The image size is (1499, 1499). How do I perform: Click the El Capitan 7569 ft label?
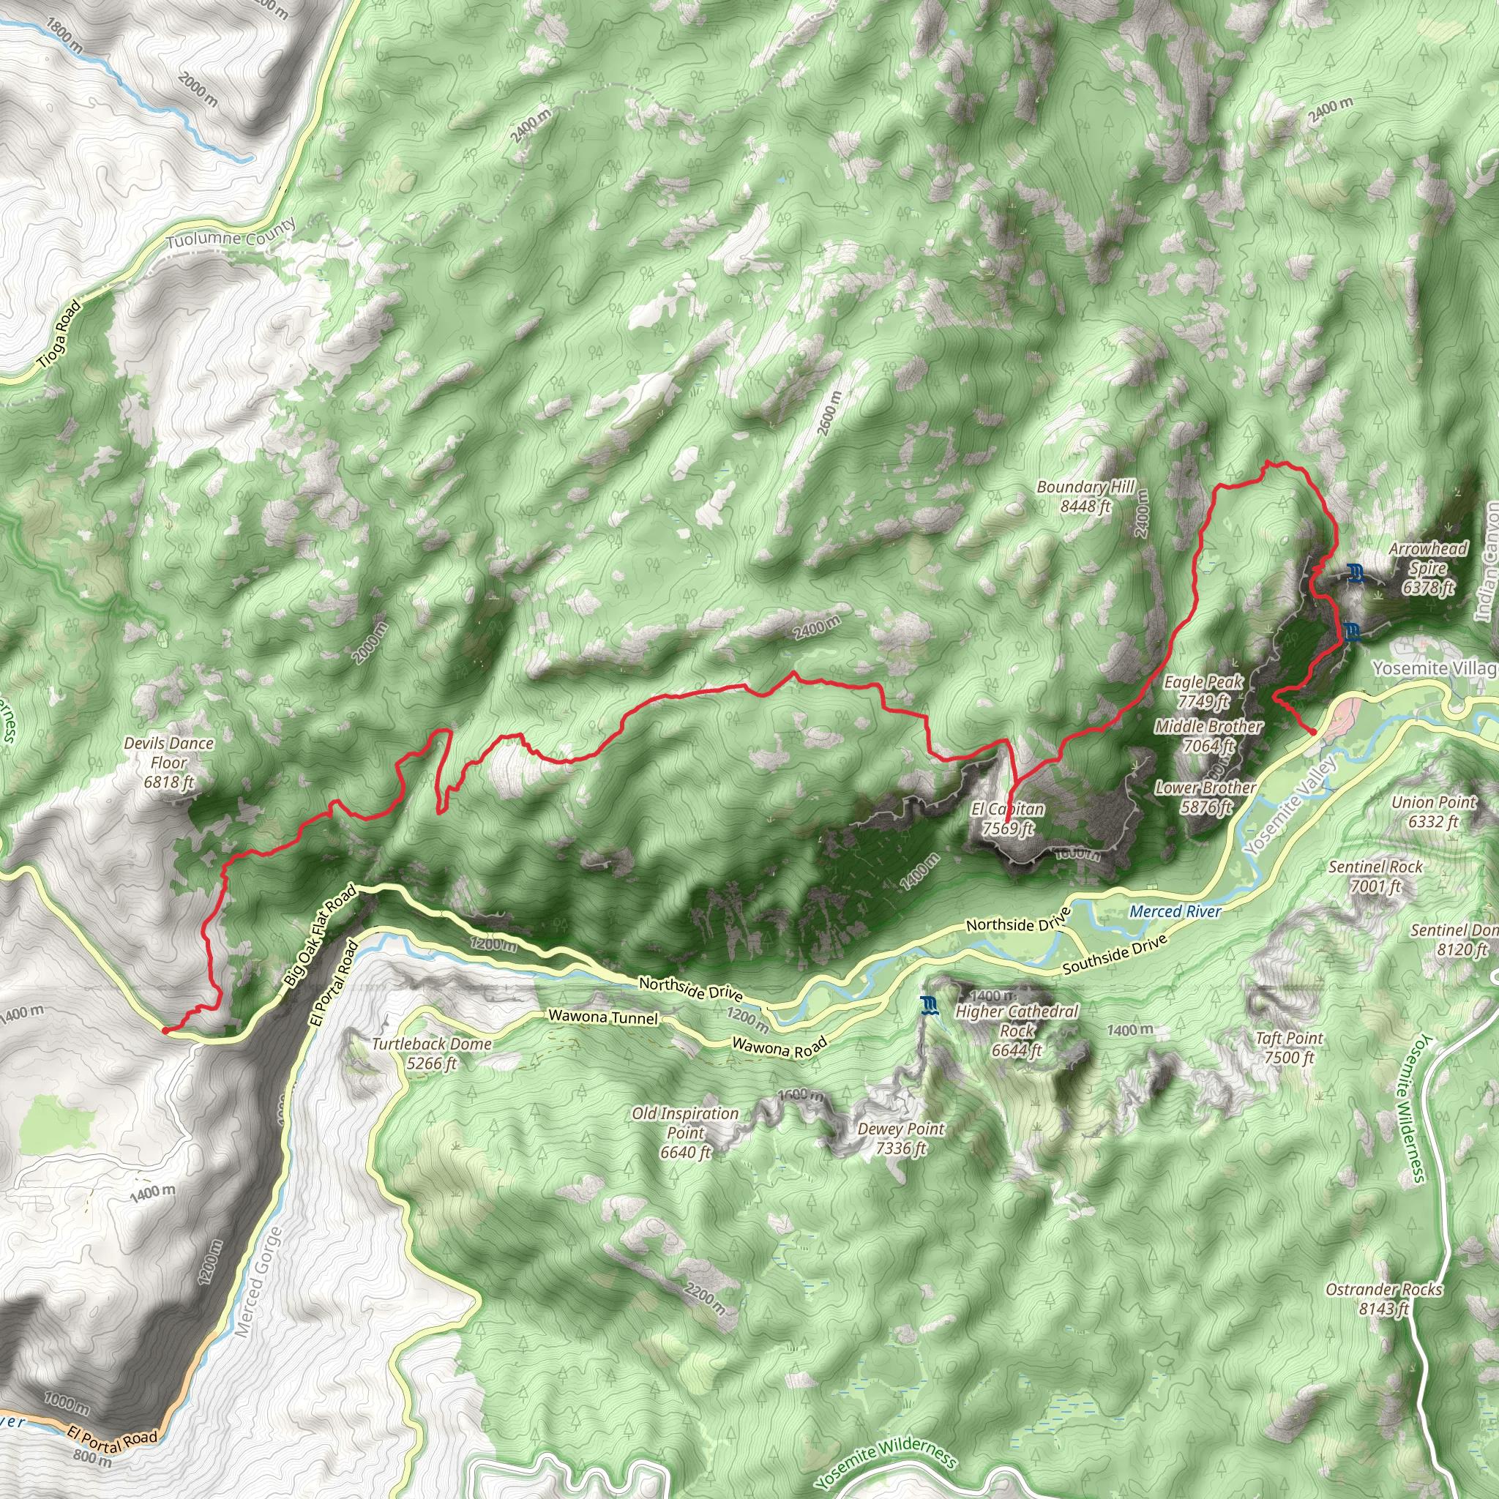[x=1008, y=818]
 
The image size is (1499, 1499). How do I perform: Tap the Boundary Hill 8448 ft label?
[x=1085, y=496]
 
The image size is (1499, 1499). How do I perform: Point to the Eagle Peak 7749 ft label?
[x=1203, y=691]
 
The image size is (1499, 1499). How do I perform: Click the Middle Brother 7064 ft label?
[x=1208, y=736]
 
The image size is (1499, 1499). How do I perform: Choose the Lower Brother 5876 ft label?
[x=1205, y=797]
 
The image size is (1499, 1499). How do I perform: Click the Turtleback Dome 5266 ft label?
[x=431, y=1053]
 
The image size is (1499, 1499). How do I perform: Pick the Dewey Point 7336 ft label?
[x=901, y=1138]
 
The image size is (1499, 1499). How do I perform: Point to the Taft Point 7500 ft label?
[x=1289, y=1047]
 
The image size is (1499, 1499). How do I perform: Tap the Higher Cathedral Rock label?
[x=1017, y=1020]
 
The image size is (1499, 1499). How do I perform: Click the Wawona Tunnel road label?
[x=603, y=1017]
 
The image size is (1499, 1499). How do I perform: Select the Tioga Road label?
[x=59, y=334]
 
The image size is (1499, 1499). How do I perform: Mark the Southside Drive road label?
[x=1114, y=954]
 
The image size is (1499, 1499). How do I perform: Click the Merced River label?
[x=1175, y=912]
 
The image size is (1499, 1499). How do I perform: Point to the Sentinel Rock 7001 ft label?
[x=1375, y=876]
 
